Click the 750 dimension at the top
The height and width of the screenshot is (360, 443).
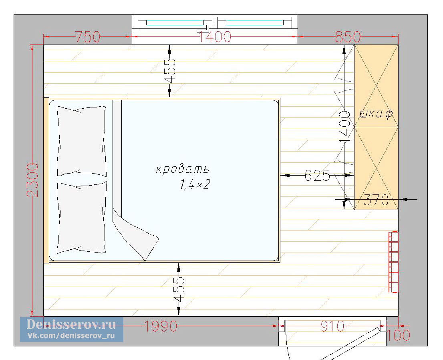pyautogui.click(x=88, y=37)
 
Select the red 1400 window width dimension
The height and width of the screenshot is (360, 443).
pyautogui.click(x=215, y=37)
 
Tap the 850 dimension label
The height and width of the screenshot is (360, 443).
pyautogui.click(x=348, y=37)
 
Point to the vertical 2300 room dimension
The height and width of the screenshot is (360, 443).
pyautogui.click(x=33, y=180)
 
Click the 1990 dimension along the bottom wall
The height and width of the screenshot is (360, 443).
pyautogui.click(x=161, y=326)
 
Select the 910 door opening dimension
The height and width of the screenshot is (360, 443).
pyautogui.click(x=332, y=326)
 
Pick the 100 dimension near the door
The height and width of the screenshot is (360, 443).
pyautogui.click(x=398, y=336)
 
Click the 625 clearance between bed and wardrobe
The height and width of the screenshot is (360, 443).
pyautogui.click(x=317, y=176)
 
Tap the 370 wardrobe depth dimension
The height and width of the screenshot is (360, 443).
pyautogui.click(x=376, y=200)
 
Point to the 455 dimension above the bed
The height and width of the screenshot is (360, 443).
pyautogui.click(x=170, y=71)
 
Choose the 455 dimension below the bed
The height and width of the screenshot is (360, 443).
pyautogui.click(x=179, y=289)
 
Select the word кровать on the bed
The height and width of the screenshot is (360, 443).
pyautogui.click(x=183, y=169)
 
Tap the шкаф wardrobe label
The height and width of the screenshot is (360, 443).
pyautogui.click(x=376, y=114)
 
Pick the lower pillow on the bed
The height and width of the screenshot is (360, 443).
pyautogui.click(x=82, y=217)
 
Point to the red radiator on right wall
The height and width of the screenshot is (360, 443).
pyautogui.click(x=394, y=262)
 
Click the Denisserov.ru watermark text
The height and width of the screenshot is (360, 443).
pyautogui.click(x=71, y=324)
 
